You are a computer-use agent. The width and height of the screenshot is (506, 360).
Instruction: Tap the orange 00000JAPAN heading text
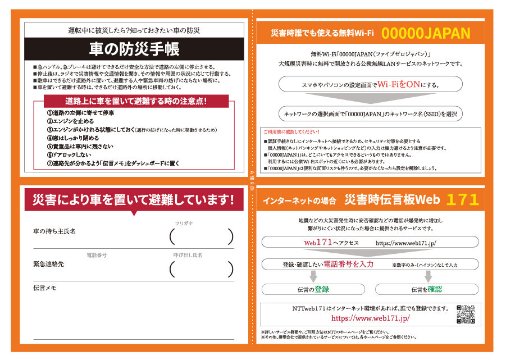430,34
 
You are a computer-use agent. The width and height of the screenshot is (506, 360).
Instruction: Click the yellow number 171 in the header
463,199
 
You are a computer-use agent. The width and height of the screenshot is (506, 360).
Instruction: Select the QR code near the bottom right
466,315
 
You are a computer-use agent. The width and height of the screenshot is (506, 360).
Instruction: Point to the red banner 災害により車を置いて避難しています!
134,199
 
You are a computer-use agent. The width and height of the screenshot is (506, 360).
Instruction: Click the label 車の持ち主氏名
54,231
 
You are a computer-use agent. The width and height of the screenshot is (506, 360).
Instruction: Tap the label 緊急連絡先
49,264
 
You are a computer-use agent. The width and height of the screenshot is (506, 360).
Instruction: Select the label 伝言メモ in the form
45,288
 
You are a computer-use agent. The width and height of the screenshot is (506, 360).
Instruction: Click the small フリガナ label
184,223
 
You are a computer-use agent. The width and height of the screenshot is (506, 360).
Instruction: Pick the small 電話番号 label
96,255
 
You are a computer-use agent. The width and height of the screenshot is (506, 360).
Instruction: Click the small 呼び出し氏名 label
188,255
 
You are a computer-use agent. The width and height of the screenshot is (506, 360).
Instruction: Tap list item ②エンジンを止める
70,121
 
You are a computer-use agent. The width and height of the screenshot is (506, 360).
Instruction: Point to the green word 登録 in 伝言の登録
322,289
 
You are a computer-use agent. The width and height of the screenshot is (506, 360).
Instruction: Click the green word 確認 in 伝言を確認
434,289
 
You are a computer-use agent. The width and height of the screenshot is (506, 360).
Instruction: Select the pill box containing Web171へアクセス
370,243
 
